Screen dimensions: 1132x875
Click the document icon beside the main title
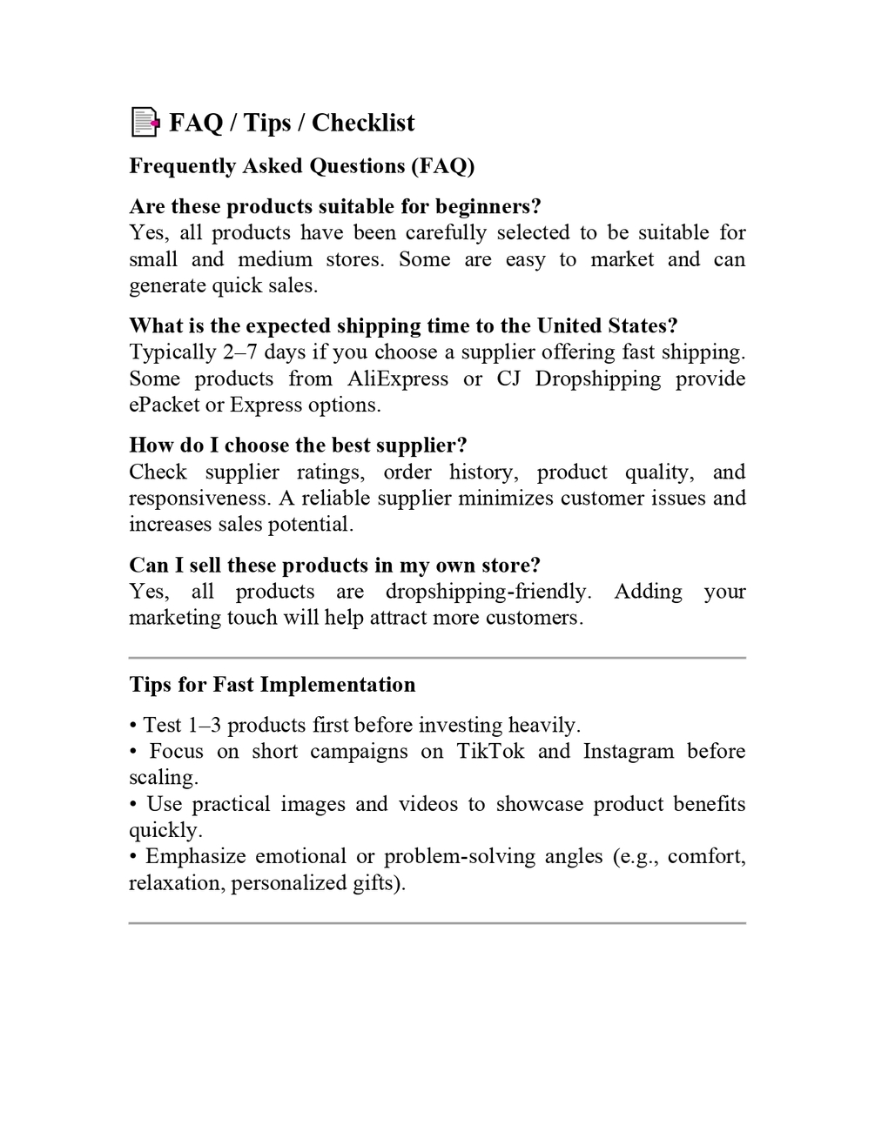tap(145, 123)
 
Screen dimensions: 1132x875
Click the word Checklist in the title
tap(363, 123)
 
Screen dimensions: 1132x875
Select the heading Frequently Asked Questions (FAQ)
tap(301, 166)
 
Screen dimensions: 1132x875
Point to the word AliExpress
tap(398, 379)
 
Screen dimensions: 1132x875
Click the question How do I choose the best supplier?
tap(298, 445)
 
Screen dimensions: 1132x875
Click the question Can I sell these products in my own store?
tap(334, 566)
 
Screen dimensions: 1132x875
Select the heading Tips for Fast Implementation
tap(272, 685)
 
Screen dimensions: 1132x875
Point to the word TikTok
tap(490, 752)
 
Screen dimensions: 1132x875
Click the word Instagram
tap(628, 752)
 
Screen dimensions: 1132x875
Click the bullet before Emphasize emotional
tap(133, 857)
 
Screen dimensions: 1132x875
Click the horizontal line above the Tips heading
tap(437, 658)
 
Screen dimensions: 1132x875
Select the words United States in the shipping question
tap(600, 326)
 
